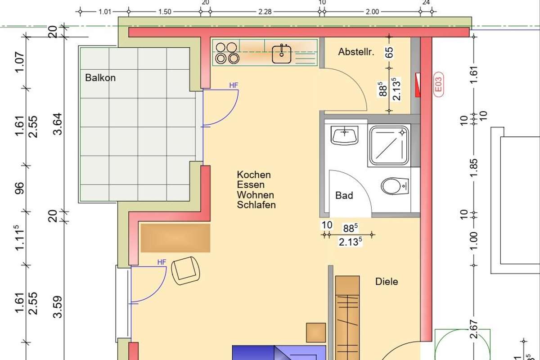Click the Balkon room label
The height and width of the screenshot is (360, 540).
100,78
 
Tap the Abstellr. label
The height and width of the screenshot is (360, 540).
356,52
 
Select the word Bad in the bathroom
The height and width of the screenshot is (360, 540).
344,195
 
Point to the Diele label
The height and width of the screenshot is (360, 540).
387,282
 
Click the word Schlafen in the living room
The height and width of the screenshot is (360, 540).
256,205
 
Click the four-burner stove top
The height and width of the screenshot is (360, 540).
227,53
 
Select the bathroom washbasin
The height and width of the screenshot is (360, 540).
345,135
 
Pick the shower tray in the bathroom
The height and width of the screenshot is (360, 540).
389,145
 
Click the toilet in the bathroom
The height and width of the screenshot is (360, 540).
395,186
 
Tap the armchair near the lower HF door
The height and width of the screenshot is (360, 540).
185,270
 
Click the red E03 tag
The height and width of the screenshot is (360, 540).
438,85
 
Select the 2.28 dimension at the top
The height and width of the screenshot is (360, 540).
265,12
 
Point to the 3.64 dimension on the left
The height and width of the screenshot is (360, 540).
58,124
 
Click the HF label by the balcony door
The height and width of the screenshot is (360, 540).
234,85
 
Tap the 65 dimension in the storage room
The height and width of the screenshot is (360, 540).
389,52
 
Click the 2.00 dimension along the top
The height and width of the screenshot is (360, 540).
372,12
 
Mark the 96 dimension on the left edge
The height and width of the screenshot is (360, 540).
20,188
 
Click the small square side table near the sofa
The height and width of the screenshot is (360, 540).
316,333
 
